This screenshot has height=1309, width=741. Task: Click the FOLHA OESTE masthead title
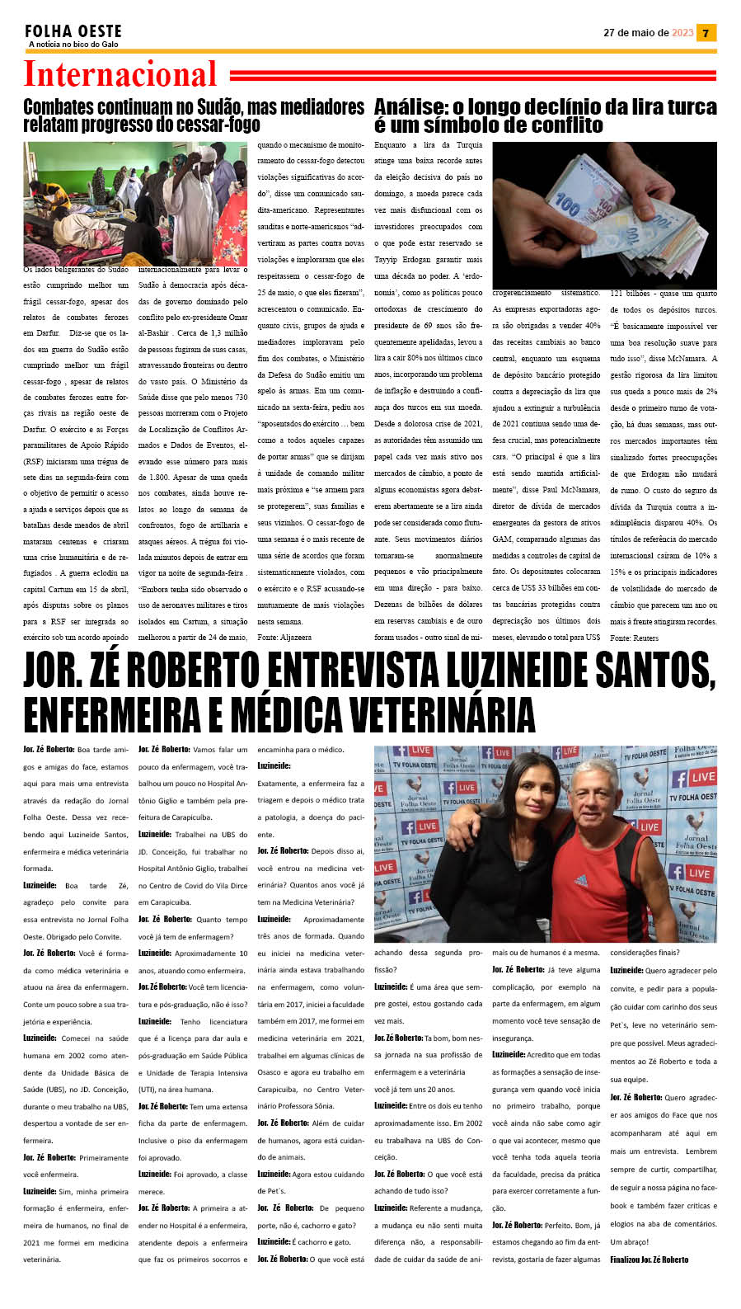point(73,31)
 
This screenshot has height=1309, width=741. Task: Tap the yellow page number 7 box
point(706,33)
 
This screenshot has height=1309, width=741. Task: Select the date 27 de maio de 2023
point(648,33)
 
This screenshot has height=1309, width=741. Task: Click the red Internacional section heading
point(120,74)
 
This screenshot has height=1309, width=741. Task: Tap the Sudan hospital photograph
point(135,203)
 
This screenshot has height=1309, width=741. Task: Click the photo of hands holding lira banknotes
point(604,214)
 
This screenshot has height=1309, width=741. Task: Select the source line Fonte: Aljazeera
point(284,638)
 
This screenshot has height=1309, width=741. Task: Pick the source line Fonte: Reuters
point(634,638)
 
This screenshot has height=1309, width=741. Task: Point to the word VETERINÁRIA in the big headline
point(433,714)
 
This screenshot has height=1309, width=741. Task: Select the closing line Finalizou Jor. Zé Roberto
point(649,1260)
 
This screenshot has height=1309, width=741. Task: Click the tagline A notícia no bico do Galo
point(73,45)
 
